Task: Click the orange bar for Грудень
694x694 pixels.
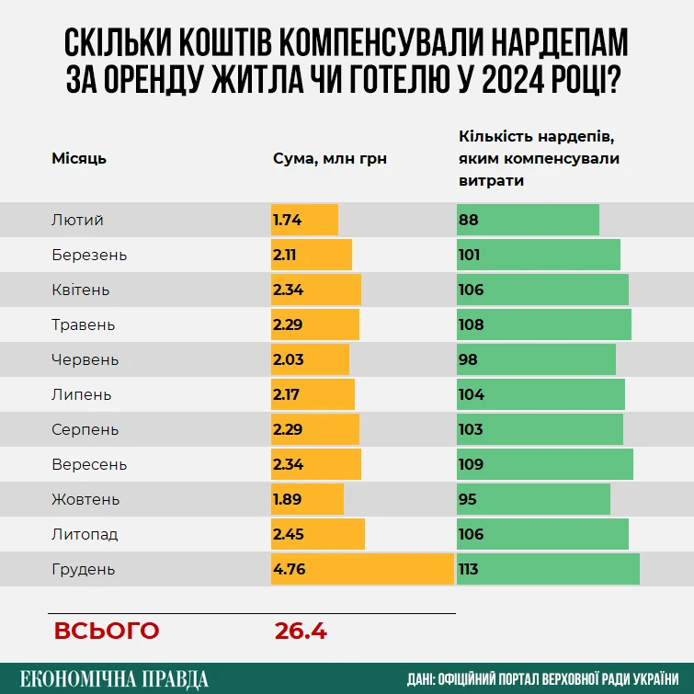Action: coord(362,569)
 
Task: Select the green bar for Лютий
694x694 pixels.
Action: coord(528,220)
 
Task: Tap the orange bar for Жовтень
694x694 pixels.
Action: coord(307,499)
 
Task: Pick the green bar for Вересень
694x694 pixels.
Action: coord(545,464)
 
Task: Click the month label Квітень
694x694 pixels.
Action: coord(81,290)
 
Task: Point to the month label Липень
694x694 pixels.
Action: coord(82,394)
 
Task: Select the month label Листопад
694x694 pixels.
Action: coord(85,534)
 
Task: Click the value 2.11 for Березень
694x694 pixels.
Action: coord(284,255)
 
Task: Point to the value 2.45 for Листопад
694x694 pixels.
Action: coord(288,534)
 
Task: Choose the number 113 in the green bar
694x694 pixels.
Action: coord(468,569)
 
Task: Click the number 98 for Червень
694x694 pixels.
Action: coord(468,359)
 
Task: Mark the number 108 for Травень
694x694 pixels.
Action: coord(470,324)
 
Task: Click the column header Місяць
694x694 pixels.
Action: coord(79,158)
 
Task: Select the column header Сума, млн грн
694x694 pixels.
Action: coord(330,158)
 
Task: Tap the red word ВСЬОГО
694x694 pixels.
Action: coord(106,631)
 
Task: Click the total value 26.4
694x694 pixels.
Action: coord(301,631)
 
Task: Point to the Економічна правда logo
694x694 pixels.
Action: coord(114,678)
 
